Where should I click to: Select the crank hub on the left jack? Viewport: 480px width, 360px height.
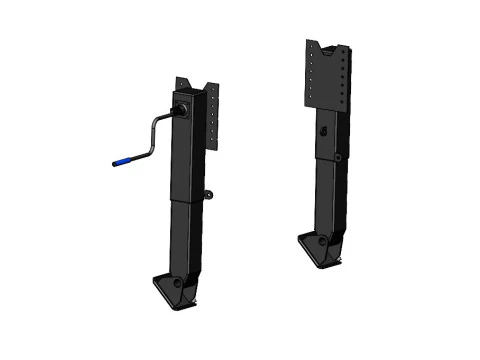click(x=181, y=106)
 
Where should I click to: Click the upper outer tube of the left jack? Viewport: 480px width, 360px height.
click(x=190, y=150)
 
